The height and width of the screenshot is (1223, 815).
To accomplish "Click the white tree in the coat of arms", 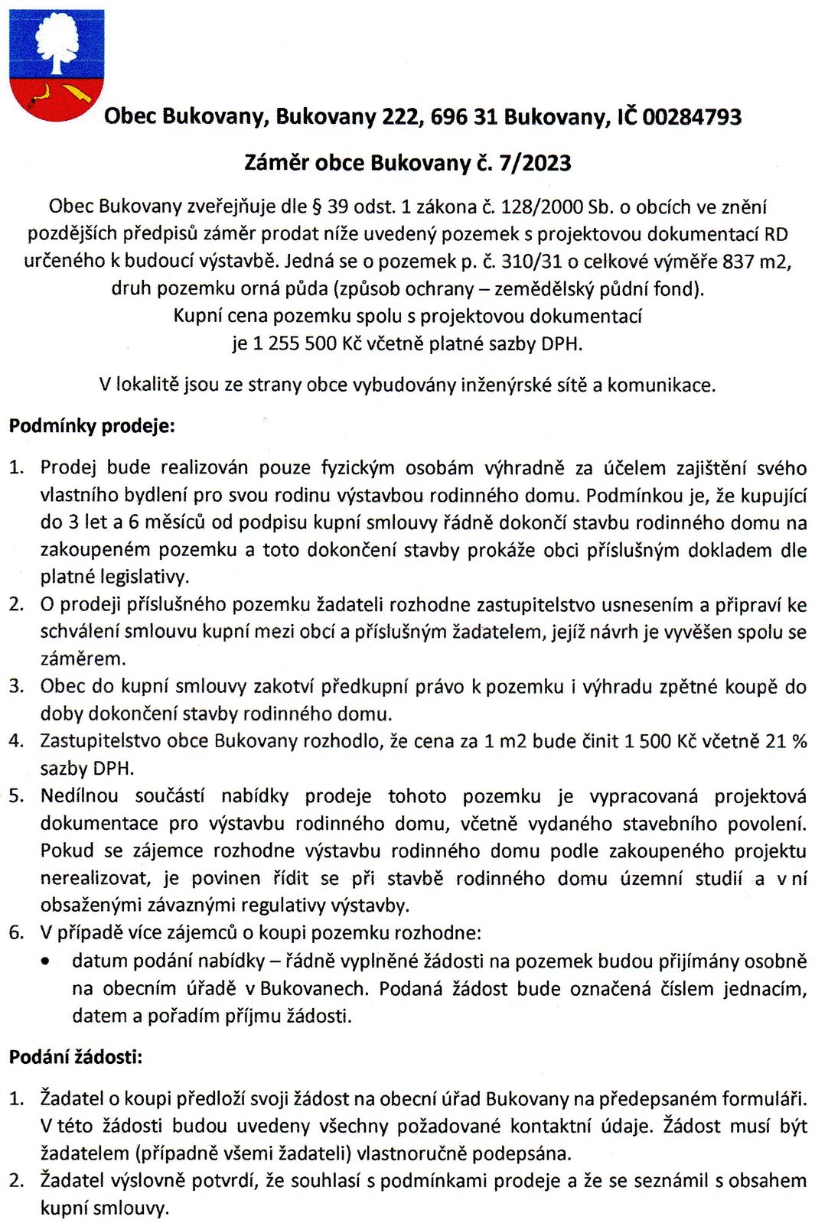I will (x=57, y=42).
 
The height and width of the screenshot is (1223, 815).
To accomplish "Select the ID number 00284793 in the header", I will (x=692, y=117).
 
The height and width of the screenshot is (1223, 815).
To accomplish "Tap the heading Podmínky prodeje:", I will (x=92, y=426).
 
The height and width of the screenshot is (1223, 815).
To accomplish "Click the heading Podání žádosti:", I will (x=76, y=1058).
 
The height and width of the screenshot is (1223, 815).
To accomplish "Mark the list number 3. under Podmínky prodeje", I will (x=17, y=686).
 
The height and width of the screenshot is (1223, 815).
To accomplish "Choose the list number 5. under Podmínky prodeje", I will (x=17, y=796).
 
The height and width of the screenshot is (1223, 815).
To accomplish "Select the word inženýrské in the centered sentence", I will (x=504, y=385).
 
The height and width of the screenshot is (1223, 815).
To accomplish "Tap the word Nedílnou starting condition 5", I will (x=80, y=796).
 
